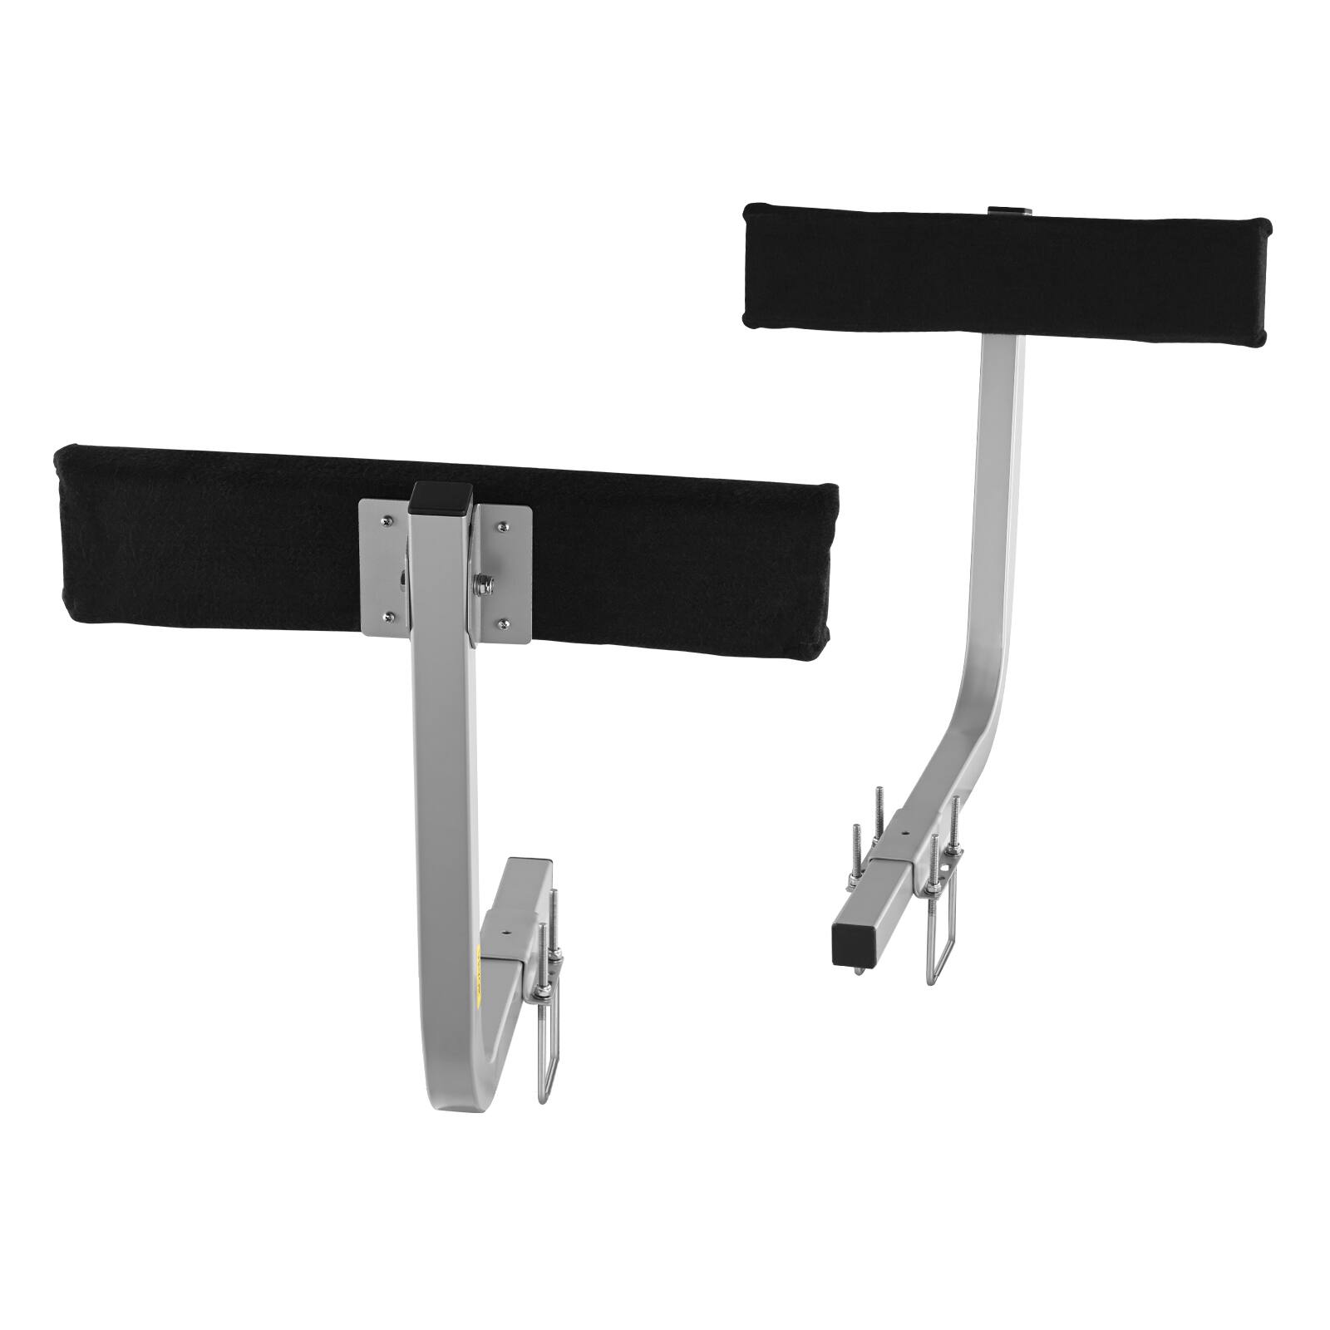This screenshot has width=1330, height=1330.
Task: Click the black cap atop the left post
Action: tap(441, 496)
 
